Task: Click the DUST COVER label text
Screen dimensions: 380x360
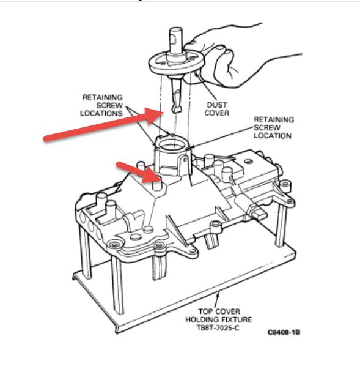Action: pos(216,108)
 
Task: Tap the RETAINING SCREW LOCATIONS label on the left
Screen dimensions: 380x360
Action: pos(105,105)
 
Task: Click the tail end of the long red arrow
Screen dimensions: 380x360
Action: pos(46,139)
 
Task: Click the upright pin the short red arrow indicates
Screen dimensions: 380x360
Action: pos(158,182)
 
